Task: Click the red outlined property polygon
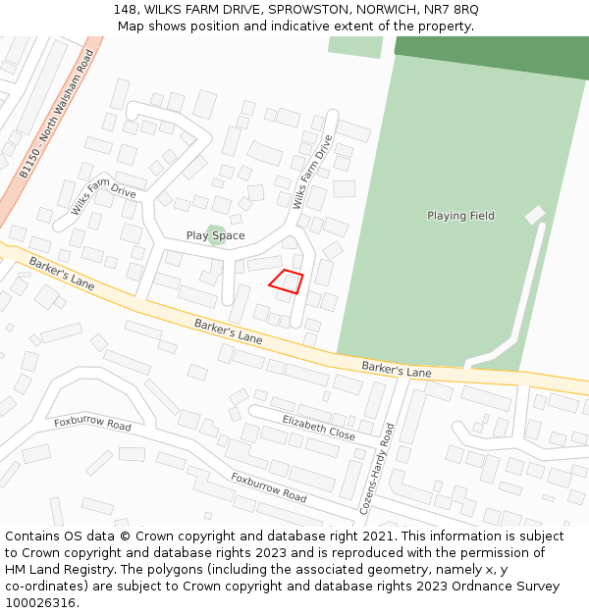pyautogui.click(x=286, y=281)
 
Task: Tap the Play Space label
pyautogui.click(x=216, y=235)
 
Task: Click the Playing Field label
pyautogui.click(x=460, y=216)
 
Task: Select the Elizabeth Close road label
pyautogui.click(x=318, y=427)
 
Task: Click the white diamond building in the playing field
pyautogui.click(x=535, y=215)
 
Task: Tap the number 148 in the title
pyautogui.click(x=125, y=10)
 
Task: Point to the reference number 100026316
pyautogui.click(x=40, y=603)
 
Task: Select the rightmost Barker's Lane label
pyautogui.click(x=397, y=369)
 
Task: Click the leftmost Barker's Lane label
pyautogui.click(x=61, y=273)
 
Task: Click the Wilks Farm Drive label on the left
pyautogui.click(x=103, y=195)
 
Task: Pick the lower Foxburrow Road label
pyautogui.click(x=268, y=486)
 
